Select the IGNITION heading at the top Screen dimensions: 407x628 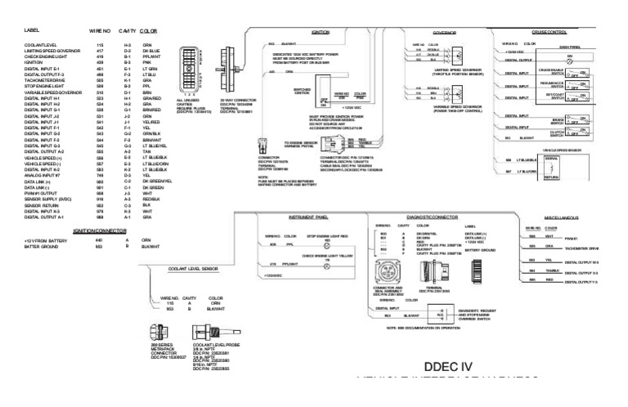click(x=321, y=32)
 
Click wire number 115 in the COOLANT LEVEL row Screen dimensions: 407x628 click(x=99, y=45)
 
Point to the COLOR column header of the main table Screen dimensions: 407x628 click(x=149, y=30)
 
